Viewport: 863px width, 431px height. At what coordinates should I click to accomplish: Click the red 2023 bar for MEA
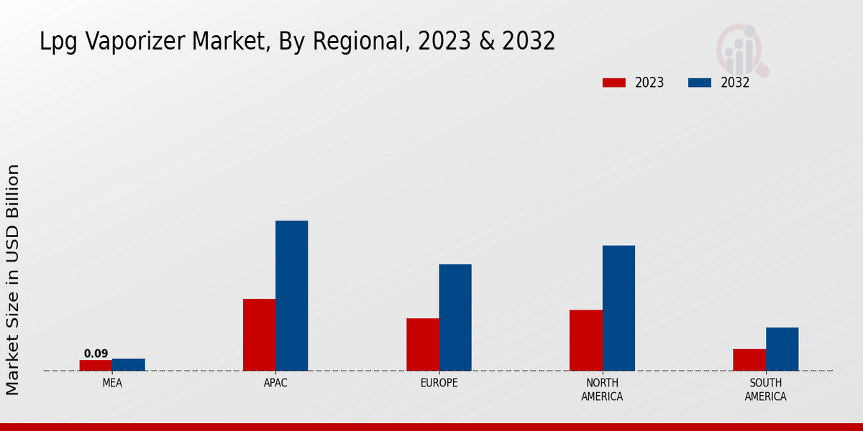click(x=96, y=365)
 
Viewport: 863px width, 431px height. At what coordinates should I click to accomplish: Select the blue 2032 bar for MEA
click(x=128, y=364)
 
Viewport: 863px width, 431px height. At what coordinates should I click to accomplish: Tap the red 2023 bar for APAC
click(x=259, y=335)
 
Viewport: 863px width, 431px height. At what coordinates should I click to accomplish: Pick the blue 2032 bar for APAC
click(x=291, y=295)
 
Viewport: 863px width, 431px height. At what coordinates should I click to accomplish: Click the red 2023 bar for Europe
click(x=422, y=344)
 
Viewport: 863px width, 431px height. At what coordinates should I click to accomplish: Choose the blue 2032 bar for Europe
click(x=455, y=318)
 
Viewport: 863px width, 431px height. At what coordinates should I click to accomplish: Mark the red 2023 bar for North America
click(x=585, y=340)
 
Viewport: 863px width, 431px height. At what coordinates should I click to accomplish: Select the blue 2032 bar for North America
click(x=618, y=308)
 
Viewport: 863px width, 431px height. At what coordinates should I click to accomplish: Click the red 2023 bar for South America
click(x=749, y=360)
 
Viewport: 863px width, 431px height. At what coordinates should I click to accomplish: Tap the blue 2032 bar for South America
click(x=782, y=349)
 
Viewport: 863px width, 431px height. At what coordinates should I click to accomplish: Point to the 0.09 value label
click(x=96, y=353)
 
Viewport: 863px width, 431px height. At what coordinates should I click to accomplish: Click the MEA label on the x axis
click(x=112, y=383)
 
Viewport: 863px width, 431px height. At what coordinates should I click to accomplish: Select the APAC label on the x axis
click(x=275, y=383)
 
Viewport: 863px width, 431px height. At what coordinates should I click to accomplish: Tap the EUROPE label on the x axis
click(x=439, y=383)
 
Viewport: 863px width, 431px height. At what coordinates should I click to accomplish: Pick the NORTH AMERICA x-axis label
click(x=602, y=389)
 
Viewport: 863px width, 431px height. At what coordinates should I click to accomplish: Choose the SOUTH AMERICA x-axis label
click(x=765, y=389)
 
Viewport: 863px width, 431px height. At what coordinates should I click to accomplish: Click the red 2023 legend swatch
click(x=613, y=83)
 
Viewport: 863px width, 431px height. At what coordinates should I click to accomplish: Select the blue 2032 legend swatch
click(x=699, y=83)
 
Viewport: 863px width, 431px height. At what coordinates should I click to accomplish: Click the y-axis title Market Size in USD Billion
click(x=13, y=279)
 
